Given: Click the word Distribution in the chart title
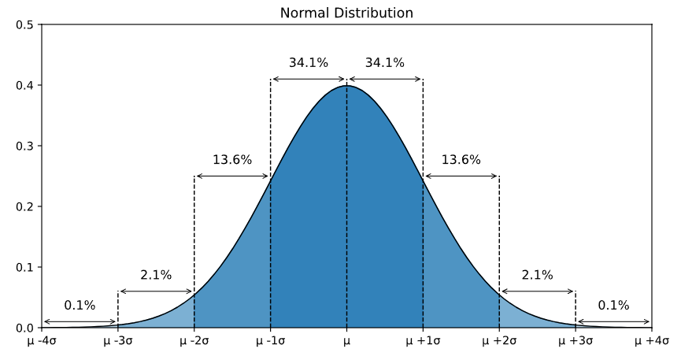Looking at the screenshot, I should (x=376, y=13).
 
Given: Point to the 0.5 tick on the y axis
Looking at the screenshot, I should (x=24, y=24).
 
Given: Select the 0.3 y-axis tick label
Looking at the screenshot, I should (x=24, y=146).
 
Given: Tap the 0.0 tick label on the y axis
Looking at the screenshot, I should (x=24, y=328).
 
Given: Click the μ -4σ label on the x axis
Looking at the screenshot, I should (x=41, y=342).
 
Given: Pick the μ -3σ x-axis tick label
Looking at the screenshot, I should (x=117, y=342).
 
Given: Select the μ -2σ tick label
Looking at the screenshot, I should (x=194, y=342).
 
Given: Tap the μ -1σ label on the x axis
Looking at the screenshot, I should (x=270, y=342).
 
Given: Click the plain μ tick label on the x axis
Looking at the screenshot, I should (x=346, y=342).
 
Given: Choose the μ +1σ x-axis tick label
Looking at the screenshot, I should (x=423, y=342).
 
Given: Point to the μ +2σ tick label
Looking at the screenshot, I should (x=499, y=342).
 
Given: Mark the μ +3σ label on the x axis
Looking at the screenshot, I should (x=576, y=342).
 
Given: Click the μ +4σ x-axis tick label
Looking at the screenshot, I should (x=652, y=342).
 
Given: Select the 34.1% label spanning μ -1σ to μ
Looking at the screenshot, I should (x=309, y=63).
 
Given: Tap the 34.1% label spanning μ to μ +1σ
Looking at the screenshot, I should (x=385, y=63).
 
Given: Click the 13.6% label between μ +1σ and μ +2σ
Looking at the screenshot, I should (x=461, y=160).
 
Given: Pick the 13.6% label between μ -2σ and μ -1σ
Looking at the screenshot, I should (x=232, y=160).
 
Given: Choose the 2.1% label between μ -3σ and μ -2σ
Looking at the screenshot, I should (x=156, y=275).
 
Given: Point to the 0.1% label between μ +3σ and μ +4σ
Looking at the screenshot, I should (x=613, y=306).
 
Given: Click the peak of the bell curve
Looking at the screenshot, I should (x=346, y=85).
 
